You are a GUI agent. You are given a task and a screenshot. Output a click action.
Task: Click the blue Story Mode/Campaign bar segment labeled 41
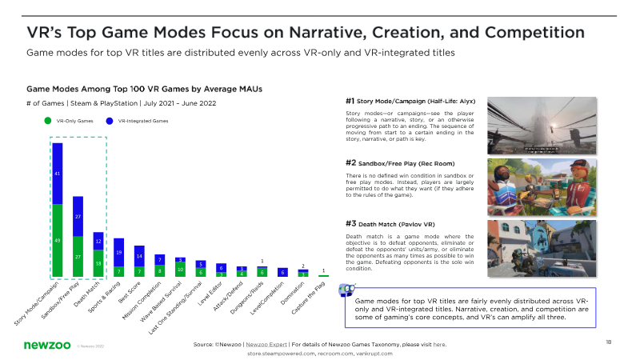58,173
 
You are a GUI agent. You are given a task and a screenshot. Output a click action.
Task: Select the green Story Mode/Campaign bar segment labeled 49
58,240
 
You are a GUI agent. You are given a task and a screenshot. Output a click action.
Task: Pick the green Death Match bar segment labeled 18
98,263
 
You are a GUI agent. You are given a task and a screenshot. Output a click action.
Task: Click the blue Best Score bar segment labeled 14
139,256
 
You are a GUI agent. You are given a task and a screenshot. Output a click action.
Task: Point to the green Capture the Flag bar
322,276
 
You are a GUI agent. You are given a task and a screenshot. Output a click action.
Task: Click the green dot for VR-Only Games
47,121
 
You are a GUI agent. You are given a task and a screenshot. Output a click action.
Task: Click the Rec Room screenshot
554,184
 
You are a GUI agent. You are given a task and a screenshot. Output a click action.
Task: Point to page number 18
609,342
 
